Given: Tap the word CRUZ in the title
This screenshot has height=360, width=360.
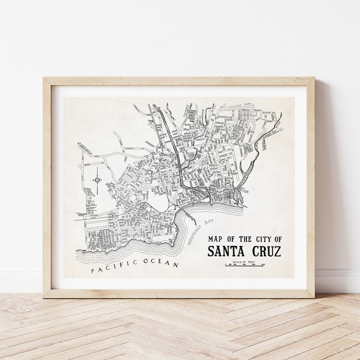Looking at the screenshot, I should [x=264, y=251].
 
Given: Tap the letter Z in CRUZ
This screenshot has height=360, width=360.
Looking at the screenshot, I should [x=276, y=251].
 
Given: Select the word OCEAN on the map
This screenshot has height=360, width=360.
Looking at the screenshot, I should [x=162, y=263].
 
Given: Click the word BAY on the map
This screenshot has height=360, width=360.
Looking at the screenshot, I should [x=209, y=221].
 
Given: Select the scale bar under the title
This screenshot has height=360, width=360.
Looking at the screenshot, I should [x=245, y=264].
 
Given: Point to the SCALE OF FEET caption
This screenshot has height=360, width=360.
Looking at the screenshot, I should [x=245, y=260].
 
